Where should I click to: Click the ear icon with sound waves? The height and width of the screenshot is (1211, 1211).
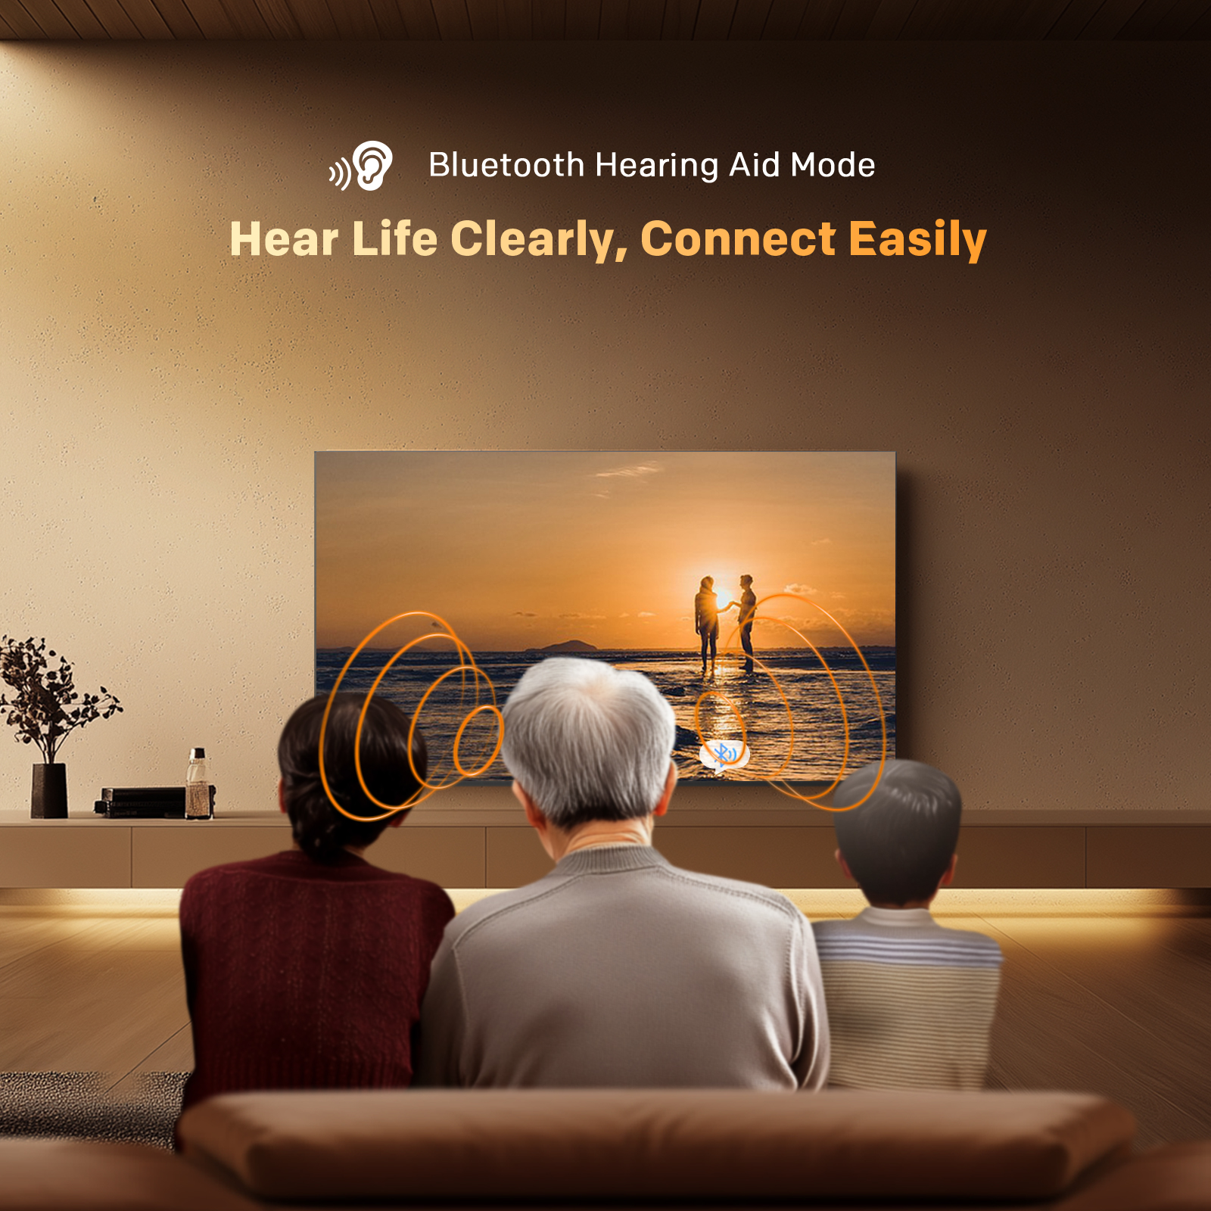361,165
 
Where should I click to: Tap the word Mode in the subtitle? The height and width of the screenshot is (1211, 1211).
833,165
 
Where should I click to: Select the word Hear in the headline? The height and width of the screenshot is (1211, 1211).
284,239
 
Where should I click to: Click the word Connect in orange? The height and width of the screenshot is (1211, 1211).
739,239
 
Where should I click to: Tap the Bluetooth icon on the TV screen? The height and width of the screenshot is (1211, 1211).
724,755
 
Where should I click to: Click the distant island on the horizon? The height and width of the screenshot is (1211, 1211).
564,646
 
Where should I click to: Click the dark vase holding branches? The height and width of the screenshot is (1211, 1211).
49,790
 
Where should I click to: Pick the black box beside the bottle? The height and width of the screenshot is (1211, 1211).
142,802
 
